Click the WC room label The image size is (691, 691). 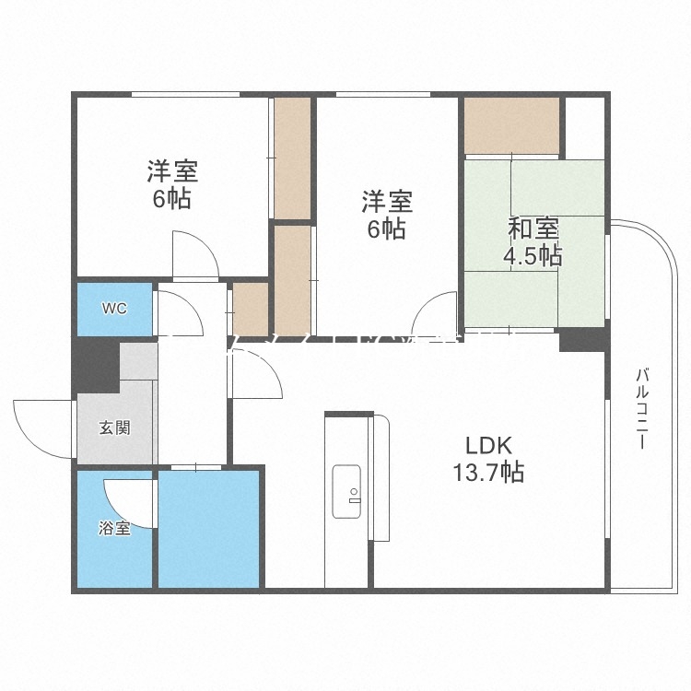114,308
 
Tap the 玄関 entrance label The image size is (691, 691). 114,427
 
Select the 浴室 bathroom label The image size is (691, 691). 114,529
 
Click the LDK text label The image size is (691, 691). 487,445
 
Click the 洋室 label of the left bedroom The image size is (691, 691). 171,171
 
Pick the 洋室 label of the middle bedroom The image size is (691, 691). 386,201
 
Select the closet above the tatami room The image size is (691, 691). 511,125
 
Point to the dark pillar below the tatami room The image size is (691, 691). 581,339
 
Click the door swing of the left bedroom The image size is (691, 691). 194,253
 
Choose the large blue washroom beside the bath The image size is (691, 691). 209,528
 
